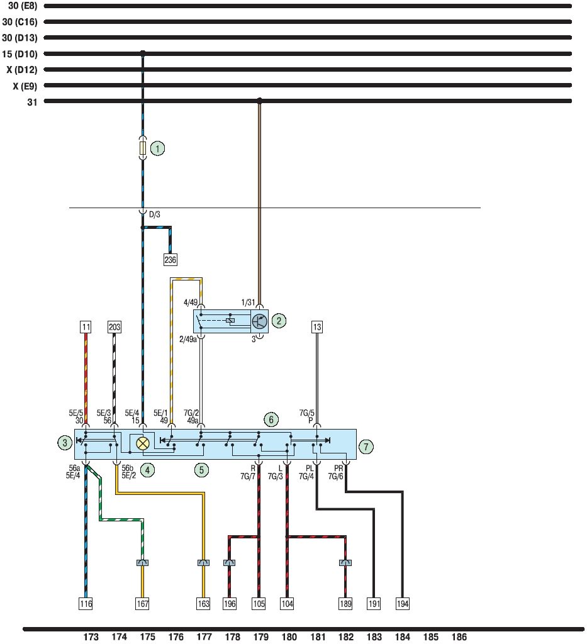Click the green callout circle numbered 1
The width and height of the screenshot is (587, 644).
pyautogui.click(x=157, y=148)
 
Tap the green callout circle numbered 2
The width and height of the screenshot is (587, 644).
pyautogui.click(x=279, y=321)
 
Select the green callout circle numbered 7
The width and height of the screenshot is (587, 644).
pyautogui.click(x=367, y=447)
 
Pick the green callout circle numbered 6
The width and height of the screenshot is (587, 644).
pyautogui.click(x=271, y=419)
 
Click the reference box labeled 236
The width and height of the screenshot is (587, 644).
pyautogui.click(x=171, y=259)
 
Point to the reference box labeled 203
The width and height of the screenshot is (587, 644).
pyautogui.click(x=115, y=327)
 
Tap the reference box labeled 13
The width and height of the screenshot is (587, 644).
pyautogui.click(x=317, y=327)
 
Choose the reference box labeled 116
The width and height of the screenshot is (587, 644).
pyautogui.click(x=86, y=604)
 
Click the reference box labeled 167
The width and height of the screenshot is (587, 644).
pyautogui.click(x=143, y=604)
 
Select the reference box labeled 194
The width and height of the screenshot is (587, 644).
pyautogui.click(x=403, y=604)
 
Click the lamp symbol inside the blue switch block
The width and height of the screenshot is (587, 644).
pyautogui.click(x=143, y=443)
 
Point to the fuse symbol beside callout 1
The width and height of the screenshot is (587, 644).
pyautogui.click(x=143, y=148)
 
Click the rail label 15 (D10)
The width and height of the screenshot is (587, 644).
pyautogui.click(x=20, y=53)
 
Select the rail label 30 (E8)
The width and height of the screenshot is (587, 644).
pyautogui.click(x=20, y=6)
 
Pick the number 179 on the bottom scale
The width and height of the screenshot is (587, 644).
pyautogui.click(x=260, y=637)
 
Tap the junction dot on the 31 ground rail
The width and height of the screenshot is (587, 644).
pyautogui.click(x=259, y=101)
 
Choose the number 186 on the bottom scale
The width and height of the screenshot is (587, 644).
pyautogui.click(x=459, y=637)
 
